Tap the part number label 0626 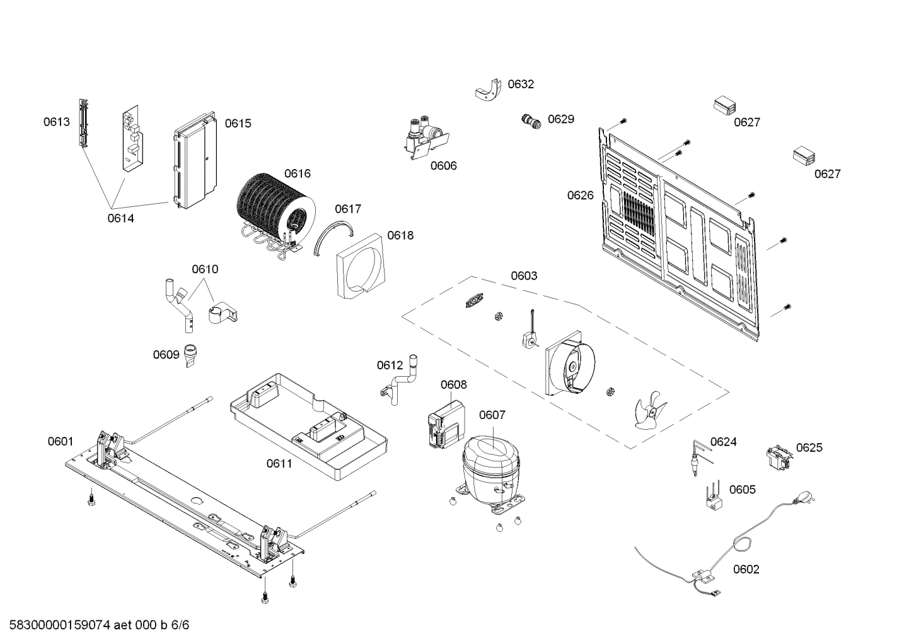point(580,196)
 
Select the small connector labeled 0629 point(532,121)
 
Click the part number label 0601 point(61,442)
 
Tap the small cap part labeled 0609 point(190,355)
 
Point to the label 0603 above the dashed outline point(524,276)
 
